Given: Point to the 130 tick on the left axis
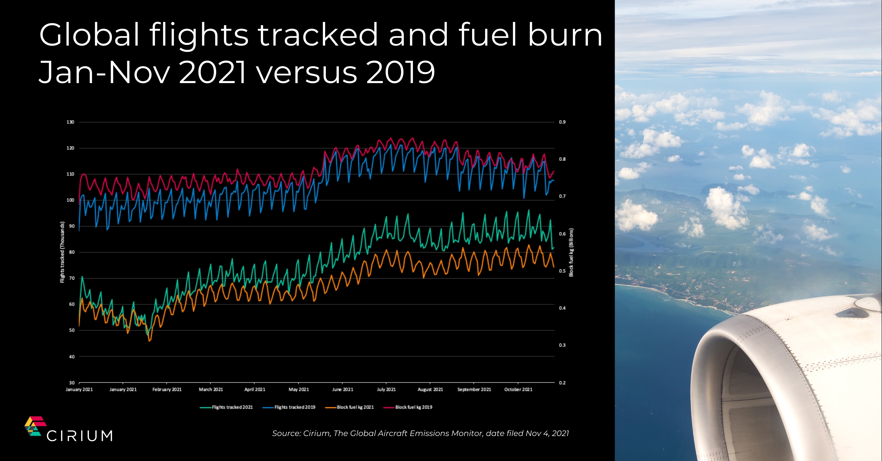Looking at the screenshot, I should pos(70,122).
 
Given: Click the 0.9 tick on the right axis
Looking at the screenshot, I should pos(562,122).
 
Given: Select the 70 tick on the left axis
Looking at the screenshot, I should pos(72,278).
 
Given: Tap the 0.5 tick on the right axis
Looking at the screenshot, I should pos(562,271).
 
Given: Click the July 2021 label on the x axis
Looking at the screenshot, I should pos(386,389).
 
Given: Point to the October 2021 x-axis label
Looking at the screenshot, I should pos(518,389).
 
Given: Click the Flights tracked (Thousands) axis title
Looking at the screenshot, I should pos(62,252).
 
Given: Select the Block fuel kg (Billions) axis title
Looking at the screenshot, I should pos(571,252).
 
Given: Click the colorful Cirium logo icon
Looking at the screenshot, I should pos(35,426).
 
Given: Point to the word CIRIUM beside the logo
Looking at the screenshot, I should pos(79,436).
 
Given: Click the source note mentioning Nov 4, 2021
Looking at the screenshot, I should pos(420,434).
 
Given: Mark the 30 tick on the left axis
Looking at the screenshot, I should pos(72,383).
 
